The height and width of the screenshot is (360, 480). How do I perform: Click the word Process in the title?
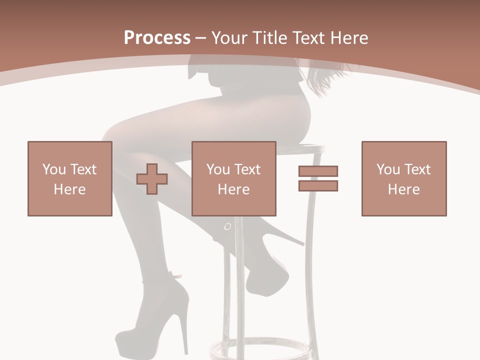[x=157, y=38]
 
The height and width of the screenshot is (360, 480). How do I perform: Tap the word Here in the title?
[x=348, y=38]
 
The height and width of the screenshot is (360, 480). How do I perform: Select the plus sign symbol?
[x=152, y=179]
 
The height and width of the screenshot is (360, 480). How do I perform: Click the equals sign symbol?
[x=318, y=178]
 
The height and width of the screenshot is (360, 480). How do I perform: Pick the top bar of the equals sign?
[x=318, y=171]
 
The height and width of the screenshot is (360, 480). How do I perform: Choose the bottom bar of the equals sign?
[x=318, y=186]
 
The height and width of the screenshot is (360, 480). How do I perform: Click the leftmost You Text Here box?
[x=70, y=178]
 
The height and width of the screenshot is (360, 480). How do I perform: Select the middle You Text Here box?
[x=234, y=178]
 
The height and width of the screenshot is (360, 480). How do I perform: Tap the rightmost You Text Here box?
[x=404, y=178]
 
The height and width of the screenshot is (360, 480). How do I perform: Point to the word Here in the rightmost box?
[x=403, y=189]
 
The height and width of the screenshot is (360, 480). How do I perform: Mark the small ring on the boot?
[x=227, y=226]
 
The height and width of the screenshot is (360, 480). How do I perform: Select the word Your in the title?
[x=231, y=38]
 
